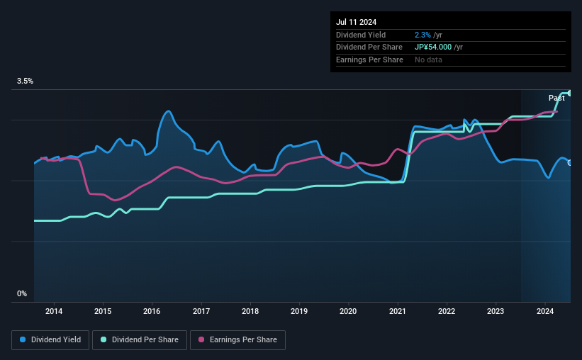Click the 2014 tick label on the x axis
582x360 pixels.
click(54, 310)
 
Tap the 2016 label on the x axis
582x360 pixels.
click(152, 310)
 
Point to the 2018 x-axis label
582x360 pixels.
click(250, 310)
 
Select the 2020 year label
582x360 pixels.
click(348, 310)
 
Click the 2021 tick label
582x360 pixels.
click(397, 310)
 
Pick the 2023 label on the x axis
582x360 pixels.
click(496, 310)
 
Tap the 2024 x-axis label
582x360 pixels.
click(544, 310)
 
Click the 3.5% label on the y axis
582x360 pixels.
click(26, 81)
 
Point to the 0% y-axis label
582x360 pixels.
click(22, 293)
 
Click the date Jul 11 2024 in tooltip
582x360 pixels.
click(357, 22)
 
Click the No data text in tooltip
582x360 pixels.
click(429, 60)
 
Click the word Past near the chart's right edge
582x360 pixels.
click(556, 98)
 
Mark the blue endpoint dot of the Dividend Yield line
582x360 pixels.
click(570, 163)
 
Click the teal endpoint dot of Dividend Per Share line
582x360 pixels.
click(569, 93)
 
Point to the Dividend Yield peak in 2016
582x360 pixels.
click(168, 111)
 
